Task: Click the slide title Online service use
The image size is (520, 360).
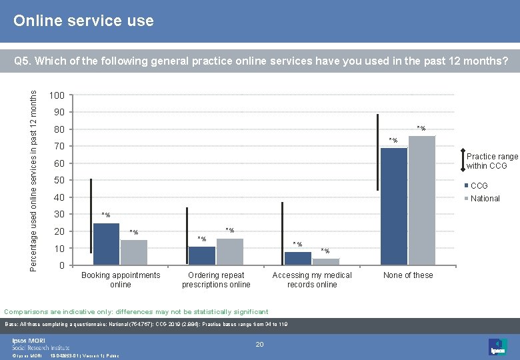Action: (x=84, y=21)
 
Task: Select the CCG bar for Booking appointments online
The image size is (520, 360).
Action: (x=106, y=244)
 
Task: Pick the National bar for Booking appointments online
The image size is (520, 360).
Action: (x=134, y=252)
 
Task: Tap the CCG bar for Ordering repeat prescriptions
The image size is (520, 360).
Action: (x=202, y=255)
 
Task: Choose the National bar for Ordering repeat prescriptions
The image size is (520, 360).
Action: (x=230, y=251)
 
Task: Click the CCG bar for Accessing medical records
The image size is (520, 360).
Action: (x=298, y=258)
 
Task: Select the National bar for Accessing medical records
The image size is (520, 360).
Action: (x=326, y=261)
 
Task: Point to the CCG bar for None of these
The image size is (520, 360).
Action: (x=393, y=206)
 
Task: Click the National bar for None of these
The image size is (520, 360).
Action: (x=421, y=200)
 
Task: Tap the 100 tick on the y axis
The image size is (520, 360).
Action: (x=57, y=95)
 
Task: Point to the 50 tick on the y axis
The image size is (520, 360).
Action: (x=59, y=181)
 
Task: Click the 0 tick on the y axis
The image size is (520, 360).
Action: (x=62, y=266)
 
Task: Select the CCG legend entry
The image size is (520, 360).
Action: (x=479, y=186)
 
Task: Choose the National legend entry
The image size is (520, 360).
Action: (x=485, y=198)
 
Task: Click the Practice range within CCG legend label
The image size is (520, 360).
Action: (x=492, y=161)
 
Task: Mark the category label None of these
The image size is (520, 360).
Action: (x=408, y=275)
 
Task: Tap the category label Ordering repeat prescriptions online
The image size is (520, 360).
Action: (x=216, y=280)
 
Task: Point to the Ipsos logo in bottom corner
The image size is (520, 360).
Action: (x=497, y=346)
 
